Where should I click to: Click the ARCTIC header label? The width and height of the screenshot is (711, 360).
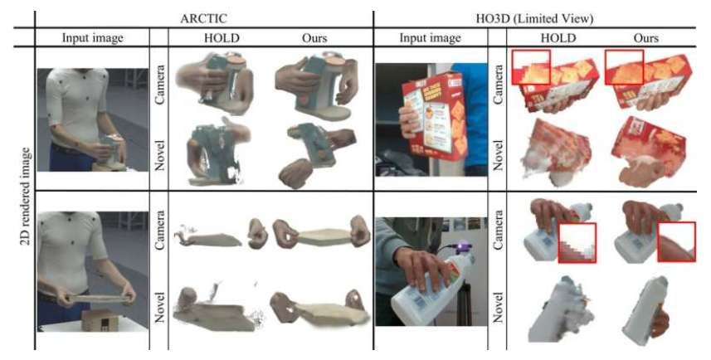coord(205,15)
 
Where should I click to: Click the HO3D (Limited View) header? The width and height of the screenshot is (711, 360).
coord(535,15)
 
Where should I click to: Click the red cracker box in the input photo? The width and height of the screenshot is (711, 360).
coord(435,112)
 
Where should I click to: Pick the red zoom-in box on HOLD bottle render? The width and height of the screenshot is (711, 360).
coord(579,241)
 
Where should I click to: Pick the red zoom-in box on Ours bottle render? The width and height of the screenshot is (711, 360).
coord(678,241)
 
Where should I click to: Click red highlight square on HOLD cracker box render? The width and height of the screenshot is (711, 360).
coord(530,68)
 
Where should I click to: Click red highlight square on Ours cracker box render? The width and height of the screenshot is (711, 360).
coord(624,68)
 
